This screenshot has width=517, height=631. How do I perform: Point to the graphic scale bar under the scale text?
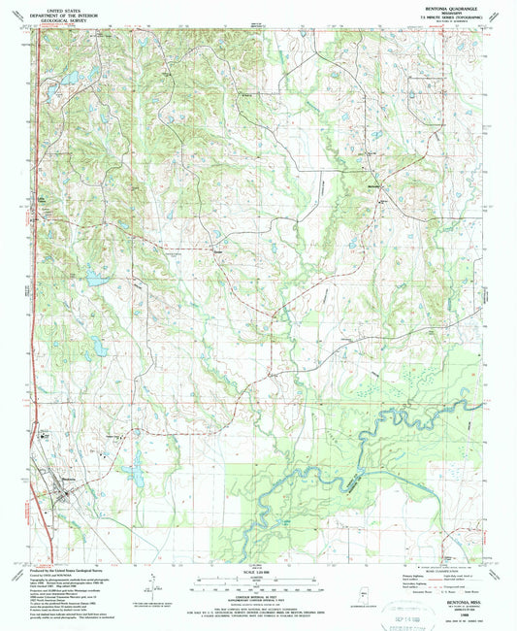point(254,582)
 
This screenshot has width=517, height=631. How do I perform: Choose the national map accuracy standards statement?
point(254,602)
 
